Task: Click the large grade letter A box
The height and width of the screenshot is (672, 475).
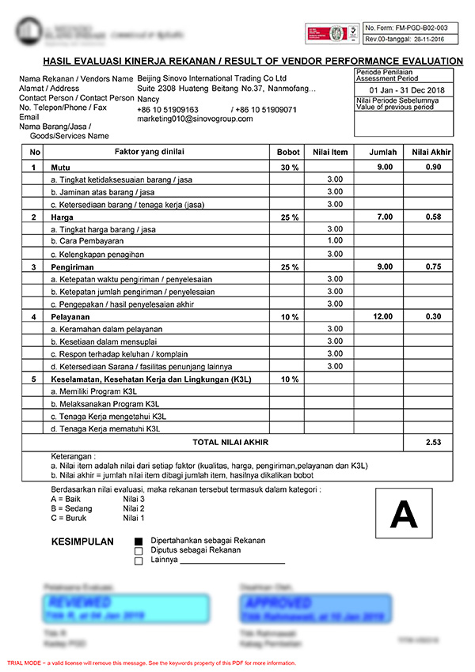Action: coord(404,515)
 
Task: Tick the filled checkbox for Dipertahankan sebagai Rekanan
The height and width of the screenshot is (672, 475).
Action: coord(139,541)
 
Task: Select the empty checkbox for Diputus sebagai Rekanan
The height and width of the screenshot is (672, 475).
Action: coord(139,551)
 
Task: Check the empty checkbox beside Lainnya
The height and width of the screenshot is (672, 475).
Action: coord(139,561)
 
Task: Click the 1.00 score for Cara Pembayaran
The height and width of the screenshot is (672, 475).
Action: coord(335,241)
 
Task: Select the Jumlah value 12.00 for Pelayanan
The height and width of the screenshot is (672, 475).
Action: coord(382,316)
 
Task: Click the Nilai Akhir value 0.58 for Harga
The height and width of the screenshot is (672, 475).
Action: coord(432,217)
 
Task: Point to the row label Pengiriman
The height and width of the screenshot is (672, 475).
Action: coord(73,267)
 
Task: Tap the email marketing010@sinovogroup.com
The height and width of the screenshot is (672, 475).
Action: coord(195,119)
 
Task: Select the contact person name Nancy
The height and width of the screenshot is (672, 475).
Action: coord(148,100)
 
